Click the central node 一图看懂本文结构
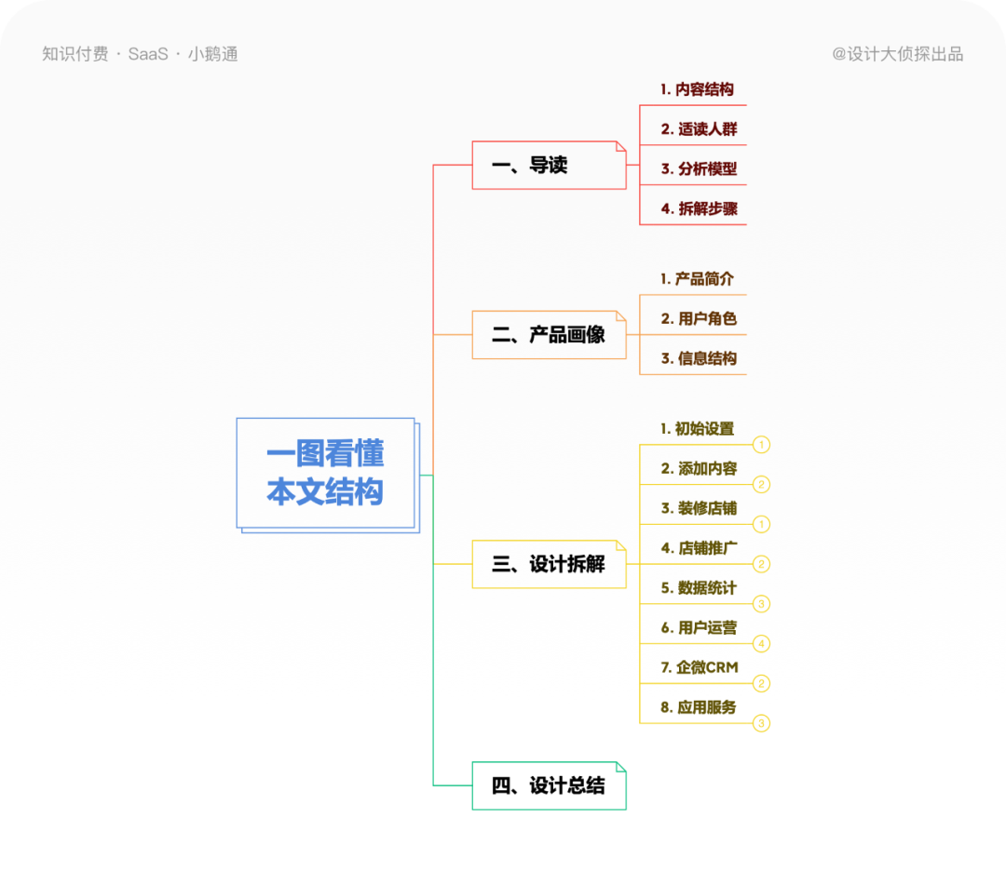(325, 473)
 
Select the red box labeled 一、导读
(549, 166)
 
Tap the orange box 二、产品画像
(549, 335)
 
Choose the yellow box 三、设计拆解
(549, 564)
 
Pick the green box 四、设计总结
(549, 785)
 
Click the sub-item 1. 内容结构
(697, 89)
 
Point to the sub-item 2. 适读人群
(699, 129)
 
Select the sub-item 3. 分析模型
(699, 168)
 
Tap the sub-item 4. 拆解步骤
(699, 208)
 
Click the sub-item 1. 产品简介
(697, 278)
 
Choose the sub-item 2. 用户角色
(699, 318)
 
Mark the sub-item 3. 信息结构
(699, 358)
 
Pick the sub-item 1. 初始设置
(697, 429)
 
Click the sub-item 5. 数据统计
(699, 588)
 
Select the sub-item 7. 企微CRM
(699, 667)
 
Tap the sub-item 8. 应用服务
(699, 707)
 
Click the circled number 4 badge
(761, 643)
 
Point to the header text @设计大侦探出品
(897, 54)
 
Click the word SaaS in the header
(148, 54)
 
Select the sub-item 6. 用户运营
(699, 627)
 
